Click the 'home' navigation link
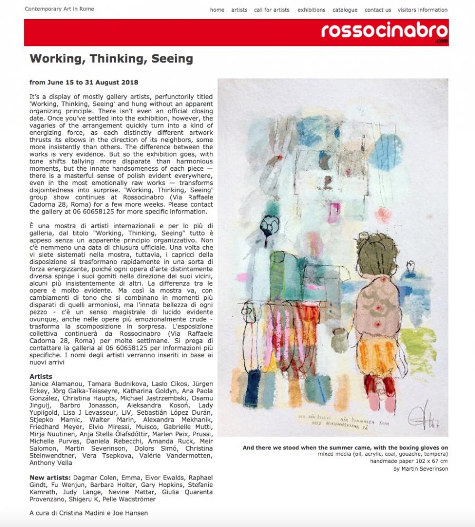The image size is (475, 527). (x=217, y=10)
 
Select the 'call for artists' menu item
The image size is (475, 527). (x=272, y=10)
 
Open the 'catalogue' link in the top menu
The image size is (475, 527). (x=345, y=10)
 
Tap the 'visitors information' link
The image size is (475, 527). (x=422, y=10)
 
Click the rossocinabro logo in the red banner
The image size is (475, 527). (x=384, y=31)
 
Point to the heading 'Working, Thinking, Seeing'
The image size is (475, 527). (x=111, y=58)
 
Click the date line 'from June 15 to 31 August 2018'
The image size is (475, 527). (x=84, y=83)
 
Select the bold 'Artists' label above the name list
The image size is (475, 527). (x=41, y=376)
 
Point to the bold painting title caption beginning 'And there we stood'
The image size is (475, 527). (x=345, y=448)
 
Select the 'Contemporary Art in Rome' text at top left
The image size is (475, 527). (x=60, y=9)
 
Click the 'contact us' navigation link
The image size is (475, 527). (x=377, y=10)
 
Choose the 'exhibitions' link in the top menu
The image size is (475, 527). (x=311, y=10)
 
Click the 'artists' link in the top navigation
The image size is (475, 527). (x=239, y=10)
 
